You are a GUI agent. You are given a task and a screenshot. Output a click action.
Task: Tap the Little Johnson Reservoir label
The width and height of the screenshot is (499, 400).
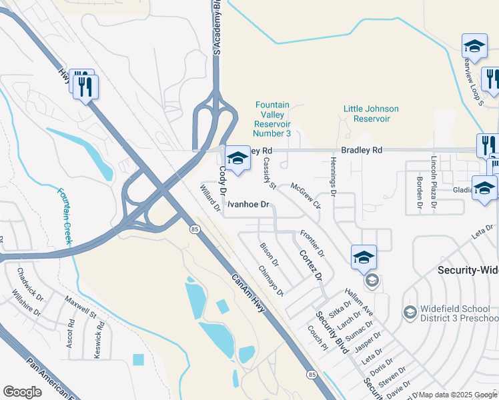point(371,113)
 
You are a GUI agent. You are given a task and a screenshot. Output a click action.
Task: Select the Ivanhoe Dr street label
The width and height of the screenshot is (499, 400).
point(248,205)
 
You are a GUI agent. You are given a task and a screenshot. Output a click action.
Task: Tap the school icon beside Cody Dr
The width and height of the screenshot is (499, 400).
point(237,159)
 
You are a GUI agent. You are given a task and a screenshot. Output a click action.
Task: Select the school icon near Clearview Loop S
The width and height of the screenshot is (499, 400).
point(474,47)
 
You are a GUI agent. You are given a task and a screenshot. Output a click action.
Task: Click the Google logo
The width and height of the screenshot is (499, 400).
point(22,392)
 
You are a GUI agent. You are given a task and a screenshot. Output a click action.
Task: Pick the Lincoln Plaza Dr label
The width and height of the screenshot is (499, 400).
point(434,174)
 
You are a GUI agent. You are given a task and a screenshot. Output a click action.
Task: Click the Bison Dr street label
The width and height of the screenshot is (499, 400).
point(270,255)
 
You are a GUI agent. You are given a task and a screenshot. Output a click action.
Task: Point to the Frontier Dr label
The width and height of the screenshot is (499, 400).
point(312,244)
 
